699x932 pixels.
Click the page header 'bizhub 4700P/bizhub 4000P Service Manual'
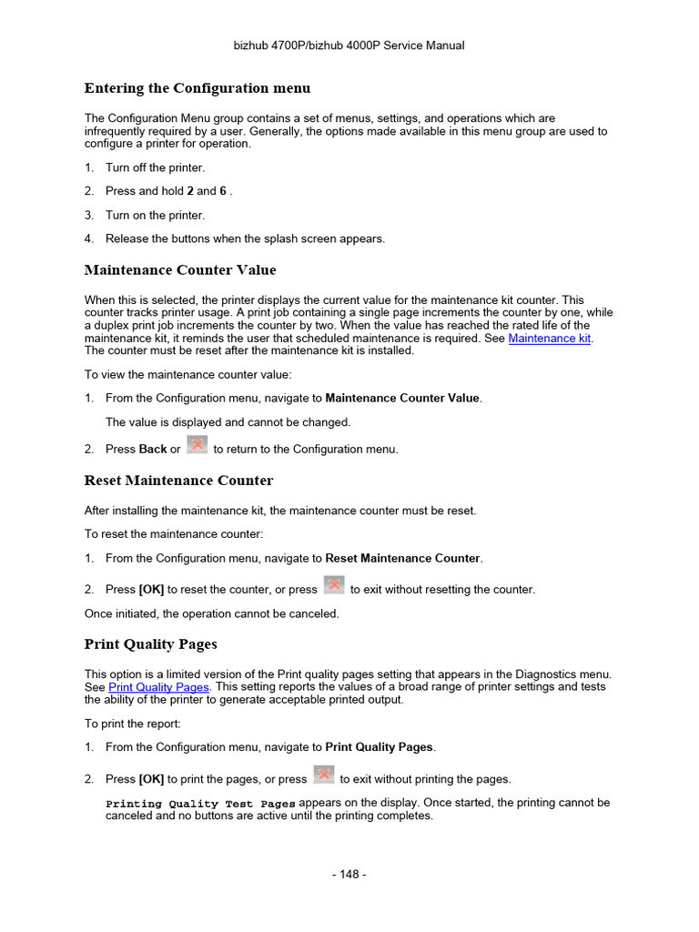tap(349, 46)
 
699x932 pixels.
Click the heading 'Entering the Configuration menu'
tap(198, 88)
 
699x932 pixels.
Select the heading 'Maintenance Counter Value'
tap(180, 270)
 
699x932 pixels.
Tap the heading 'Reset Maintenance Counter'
tap(178, 481)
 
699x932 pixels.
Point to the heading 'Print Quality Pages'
tap(151, 644)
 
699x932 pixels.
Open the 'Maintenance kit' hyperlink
tap(550, 338)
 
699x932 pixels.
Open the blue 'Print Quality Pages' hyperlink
tap(158, 687)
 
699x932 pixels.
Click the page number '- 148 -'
tap(349, 875)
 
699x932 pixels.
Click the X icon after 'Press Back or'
tap(197, 445)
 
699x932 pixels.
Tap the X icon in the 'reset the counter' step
tap(334, 585)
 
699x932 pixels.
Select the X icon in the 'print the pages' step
tap(323, 775)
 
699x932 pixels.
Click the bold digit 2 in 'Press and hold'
tap(190, 191)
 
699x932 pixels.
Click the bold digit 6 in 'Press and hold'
tap(223, 191)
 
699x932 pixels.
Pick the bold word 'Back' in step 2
tap(153, 450)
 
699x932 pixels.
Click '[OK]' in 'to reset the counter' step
tap(151, 590)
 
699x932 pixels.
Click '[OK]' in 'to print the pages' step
tap(151, 779)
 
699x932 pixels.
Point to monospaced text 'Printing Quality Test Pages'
tap(201, 804)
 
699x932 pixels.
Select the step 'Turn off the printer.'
tap(156, 167)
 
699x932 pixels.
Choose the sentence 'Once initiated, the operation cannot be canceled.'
tap(211, 613)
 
